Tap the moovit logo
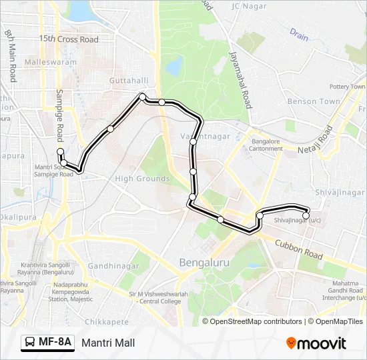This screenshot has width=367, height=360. tap(316, 343)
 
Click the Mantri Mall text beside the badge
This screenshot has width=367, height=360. tap(108, 343)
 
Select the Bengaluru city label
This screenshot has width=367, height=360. tap(204, 263)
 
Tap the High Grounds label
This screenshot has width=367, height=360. tap(142, 179)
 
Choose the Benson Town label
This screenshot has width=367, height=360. tap(314, 101)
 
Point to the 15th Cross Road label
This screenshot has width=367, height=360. tap(69, 39)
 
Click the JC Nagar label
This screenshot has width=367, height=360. tap(248, 7)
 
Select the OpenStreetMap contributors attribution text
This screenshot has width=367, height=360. tap(256, 321)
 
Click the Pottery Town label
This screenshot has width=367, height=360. tap(347, 87)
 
